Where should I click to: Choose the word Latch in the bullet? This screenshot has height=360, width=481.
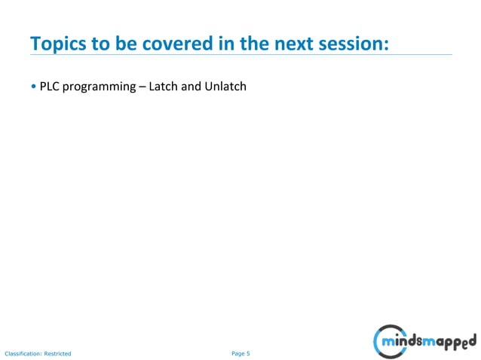[163, 87]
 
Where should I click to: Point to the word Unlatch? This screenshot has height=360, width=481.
[225, 87]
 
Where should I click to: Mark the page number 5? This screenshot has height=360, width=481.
[248, 352]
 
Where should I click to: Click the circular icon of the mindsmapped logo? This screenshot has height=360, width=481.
[388, 340]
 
